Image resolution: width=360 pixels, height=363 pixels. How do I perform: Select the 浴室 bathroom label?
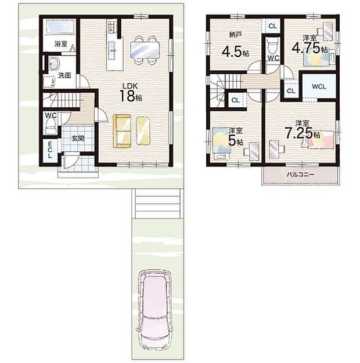coord(60,44)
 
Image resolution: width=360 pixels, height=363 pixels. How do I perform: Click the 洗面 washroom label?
coord(64,74)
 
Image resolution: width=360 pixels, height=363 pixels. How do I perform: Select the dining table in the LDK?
coord(144,49)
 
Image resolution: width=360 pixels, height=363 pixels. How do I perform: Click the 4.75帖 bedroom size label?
coord(308,46)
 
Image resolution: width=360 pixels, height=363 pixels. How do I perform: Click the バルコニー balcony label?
coord(299,175)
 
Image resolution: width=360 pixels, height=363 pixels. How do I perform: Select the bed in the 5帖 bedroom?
coord(220,143)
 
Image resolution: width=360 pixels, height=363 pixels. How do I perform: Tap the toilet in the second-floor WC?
coord(272,45)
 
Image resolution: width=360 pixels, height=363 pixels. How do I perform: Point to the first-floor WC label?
coord(51,115)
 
